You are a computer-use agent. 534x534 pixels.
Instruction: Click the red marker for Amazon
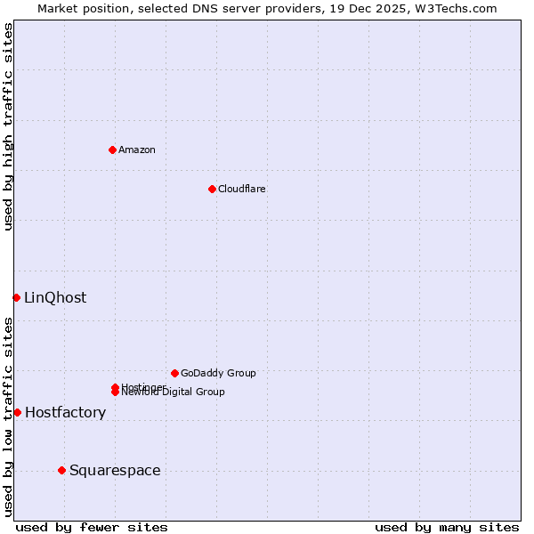(112, 150)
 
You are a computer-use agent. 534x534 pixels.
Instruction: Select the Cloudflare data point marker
(212, 189)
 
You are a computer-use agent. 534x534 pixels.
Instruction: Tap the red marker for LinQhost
(16, 297)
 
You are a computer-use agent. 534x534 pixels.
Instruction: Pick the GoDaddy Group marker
(174, 373)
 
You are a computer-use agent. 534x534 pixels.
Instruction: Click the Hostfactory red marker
(17, 412)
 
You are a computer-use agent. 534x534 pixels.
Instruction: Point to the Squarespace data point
(61, 470)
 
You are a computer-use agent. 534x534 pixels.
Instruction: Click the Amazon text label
(137, 150)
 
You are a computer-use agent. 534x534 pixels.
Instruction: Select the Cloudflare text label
(242, 189)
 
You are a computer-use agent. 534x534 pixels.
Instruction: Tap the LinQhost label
(55, 298)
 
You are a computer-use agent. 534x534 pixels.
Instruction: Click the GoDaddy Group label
(218, 373)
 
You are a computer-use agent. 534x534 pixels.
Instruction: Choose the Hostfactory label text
(65, 413)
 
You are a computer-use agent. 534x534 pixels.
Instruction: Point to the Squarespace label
(115, 471)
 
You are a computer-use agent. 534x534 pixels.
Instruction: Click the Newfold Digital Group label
(174, 392)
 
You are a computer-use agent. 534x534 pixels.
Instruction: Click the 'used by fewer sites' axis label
(92, 528)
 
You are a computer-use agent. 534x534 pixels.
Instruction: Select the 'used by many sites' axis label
(447, 528)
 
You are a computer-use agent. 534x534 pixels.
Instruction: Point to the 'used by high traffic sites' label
(8, 127)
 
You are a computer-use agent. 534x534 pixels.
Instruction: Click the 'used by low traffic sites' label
(8, 417)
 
